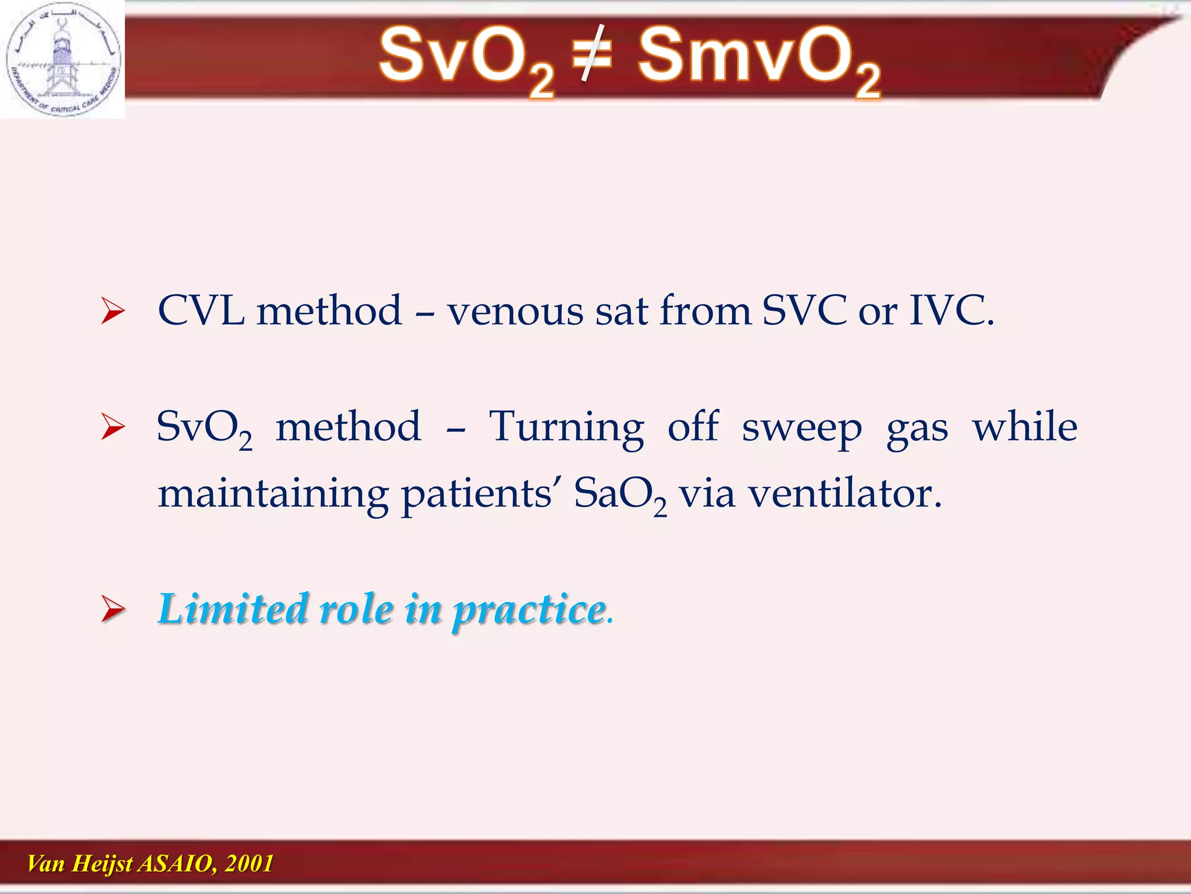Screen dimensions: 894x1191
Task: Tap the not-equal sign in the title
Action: [x=592, y=54]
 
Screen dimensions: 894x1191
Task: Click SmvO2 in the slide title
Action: [x=758, y=58]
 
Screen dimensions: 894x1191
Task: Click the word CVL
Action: [x=201, y=310]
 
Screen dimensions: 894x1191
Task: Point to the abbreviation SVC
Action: [x=804, y=310]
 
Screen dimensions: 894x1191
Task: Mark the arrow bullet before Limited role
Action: [x=112, y=609]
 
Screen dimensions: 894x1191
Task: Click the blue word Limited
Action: [x=233, y=609]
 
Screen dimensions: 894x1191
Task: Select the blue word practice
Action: [x=529, y=611]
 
